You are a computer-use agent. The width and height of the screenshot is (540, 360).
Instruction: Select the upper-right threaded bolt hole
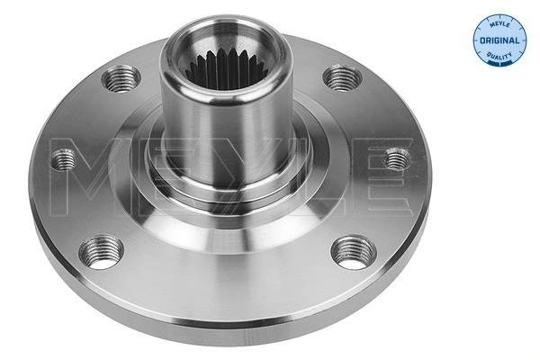coord(338,78)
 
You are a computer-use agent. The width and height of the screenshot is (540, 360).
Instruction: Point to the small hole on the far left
coord(64,160)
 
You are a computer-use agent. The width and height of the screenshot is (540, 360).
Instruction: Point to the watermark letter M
coord(90,172)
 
